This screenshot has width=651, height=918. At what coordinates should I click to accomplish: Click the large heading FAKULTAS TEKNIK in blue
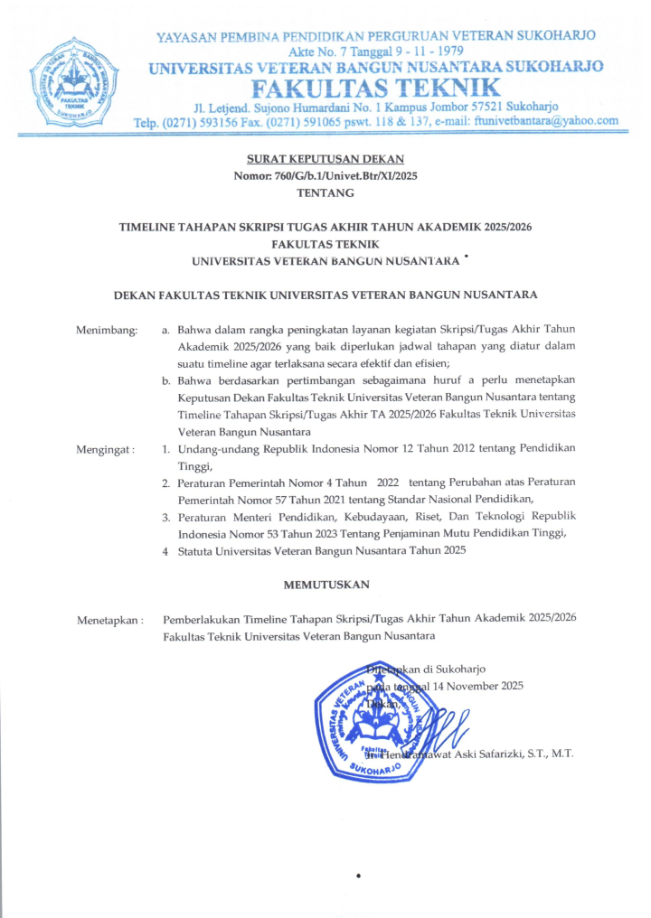point(376,89)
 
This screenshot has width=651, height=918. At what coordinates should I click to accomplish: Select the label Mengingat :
point(106,448)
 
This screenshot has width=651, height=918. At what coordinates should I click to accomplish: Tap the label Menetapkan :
point(110,620)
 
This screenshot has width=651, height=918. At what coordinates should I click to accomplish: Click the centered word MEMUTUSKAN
point(326,585)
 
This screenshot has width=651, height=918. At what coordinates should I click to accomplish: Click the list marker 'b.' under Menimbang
point(167,380)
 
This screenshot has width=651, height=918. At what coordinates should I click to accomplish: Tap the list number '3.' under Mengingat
point(166,516)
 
